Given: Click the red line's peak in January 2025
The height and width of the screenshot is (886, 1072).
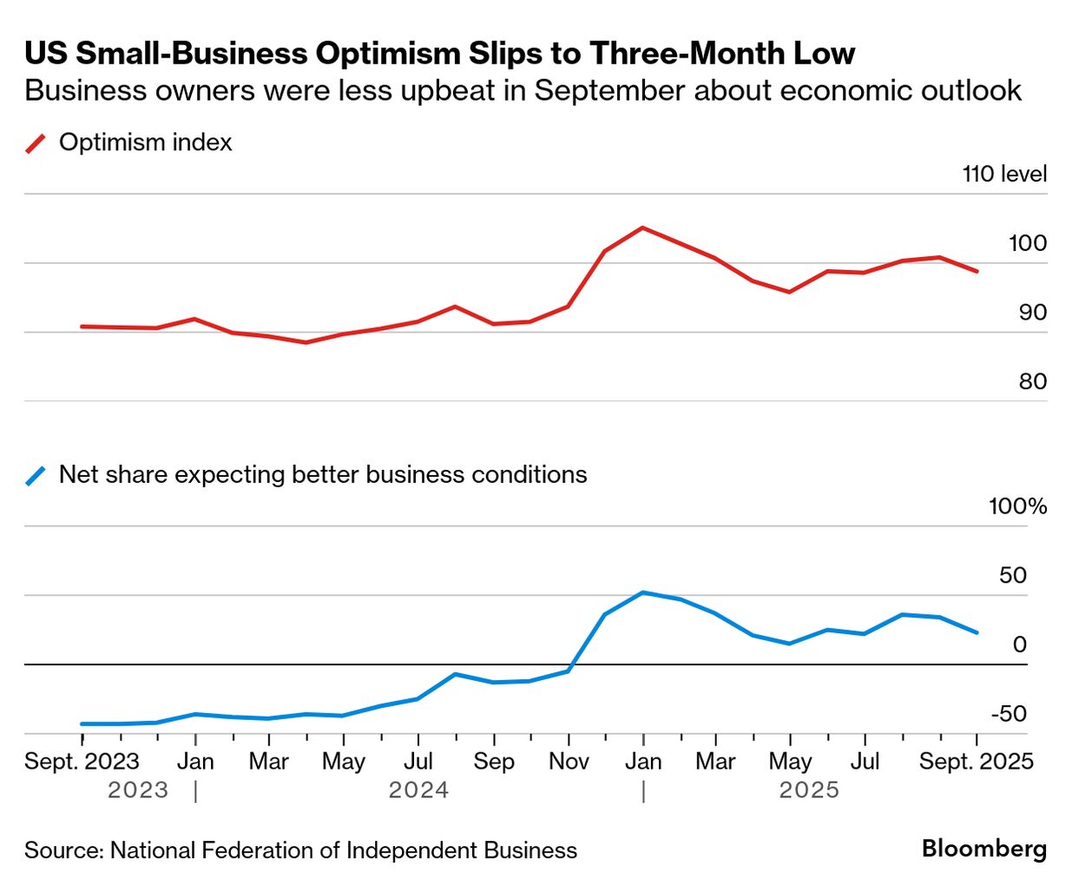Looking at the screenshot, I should click(x=642, y=228).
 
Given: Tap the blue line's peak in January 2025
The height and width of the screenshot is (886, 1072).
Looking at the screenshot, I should click(x=642, y=592).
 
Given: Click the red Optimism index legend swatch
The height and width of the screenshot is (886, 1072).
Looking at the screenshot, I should click(x=36, y=143).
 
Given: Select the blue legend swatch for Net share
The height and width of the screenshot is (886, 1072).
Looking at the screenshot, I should click(x=36, y=475).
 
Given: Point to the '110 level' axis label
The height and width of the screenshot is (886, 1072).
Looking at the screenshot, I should click(x=1004, y=174).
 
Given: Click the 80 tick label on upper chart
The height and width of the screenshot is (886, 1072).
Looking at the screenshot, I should click(x=1032, y=381).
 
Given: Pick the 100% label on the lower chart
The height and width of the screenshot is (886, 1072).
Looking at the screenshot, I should click(x=1017, y=506).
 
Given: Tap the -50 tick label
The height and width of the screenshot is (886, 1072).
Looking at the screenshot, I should click(x=1009, y=714).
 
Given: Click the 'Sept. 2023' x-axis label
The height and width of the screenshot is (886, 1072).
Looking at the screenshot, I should click(x=82, y=762).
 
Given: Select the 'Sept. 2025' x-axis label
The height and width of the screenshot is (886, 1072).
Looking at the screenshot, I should click(x=976, y=762).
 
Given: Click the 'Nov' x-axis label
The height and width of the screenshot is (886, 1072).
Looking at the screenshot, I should click(x=569, y=762).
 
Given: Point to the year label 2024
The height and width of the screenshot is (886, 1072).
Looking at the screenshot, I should click(x=418, y=790).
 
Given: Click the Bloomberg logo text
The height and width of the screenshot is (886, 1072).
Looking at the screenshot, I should click(x=984, y=849).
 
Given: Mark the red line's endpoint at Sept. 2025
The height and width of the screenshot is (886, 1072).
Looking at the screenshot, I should click(x=977, y=271).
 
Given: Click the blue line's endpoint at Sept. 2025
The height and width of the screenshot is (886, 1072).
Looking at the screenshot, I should click(x=977, y=632).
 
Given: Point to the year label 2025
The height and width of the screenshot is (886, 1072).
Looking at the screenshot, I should click(x=809, y=790).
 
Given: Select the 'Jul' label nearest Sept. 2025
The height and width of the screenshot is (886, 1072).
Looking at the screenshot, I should click(x=865, y=762).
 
